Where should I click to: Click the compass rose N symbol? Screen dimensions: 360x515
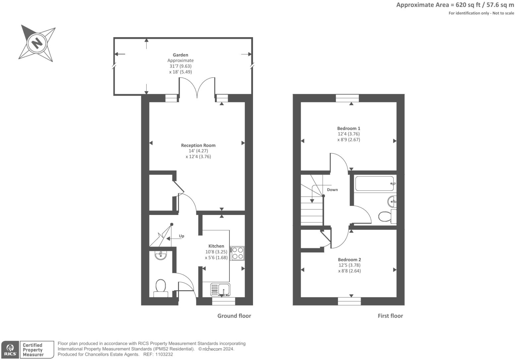[x=37, y=43]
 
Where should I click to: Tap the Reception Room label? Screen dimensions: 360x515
[x=198, y=145]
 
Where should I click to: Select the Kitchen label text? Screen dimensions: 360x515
[x=216, y=246]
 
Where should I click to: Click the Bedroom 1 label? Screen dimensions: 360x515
[x=349, y=128]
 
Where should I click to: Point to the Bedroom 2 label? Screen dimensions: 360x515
[x=349, y=260]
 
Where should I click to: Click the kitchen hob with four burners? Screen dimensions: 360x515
[x=237, y=253]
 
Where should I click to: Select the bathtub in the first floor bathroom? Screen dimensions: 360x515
[x=374, y=183]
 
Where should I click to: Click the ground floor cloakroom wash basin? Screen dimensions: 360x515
[x=161, y=255]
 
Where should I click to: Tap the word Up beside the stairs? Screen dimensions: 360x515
[x=181, y=236]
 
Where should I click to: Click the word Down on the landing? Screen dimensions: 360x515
[x=332, y=190]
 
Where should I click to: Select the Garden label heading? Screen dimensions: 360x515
[x=180, y=55]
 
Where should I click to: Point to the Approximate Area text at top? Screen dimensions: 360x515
[x=455, y=5]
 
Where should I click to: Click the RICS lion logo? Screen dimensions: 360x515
[x=10, y=349]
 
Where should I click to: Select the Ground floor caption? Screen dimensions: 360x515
[x=234, y=316]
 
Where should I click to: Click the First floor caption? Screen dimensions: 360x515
[x=390, y=316]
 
